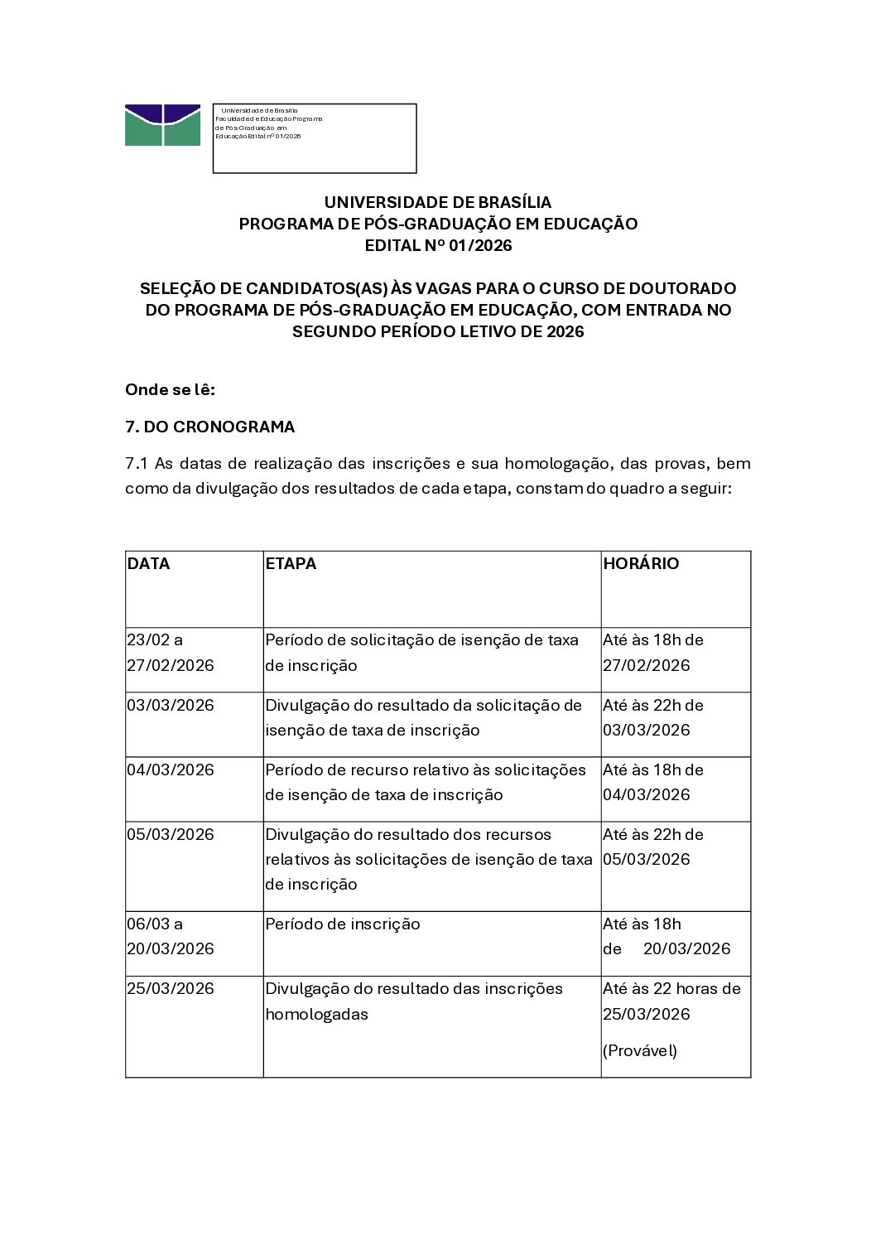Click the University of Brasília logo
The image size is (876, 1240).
pos(162,125)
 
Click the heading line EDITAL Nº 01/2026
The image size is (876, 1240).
pos(438,245)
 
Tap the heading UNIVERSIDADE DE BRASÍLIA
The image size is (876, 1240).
pos(438,202)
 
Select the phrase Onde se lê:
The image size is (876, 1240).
pos(170,389)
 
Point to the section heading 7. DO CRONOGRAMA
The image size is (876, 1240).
pos(209,427)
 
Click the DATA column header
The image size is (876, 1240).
pos(148,563)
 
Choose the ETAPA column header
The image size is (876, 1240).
pos(291,563)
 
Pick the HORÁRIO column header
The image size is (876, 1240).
pos(641,563)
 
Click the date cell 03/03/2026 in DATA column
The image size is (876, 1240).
pos(170,705)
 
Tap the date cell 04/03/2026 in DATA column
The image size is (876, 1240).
pos(170,770)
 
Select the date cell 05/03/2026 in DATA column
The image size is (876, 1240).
pos(170,834)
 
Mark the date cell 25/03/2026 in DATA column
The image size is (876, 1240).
pos(170,988)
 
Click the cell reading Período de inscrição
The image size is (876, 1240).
pos(343,924)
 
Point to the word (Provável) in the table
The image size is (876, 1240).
pos(640,1050)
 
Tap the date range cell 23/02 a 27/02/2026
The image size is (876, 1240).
pos(170,653)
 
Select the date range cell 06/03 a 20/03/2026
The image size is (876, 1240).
pos(170,936)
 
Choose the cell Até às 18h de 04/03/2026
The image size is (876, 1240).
pos(652,782)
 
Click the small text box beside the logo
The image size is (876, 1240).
pos(315,138)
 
